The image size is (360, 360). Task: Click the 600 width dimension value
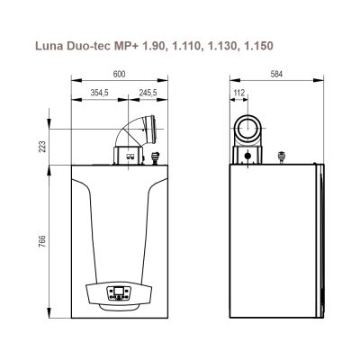[119, 74]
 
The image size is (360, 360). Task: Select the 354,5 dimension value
[99, 93]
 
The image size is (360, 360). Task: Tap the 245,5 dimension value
[148, 93]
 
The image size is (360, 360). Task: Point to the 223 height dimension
[42, 147]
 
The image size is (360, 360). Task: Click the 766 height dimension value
[42, 241]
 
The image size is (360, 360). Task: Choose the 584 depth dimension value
[276, 74]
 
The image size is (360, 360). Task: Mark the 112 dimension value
[239, 93]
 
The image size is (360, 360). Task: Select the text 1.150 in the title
[258, 46]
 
